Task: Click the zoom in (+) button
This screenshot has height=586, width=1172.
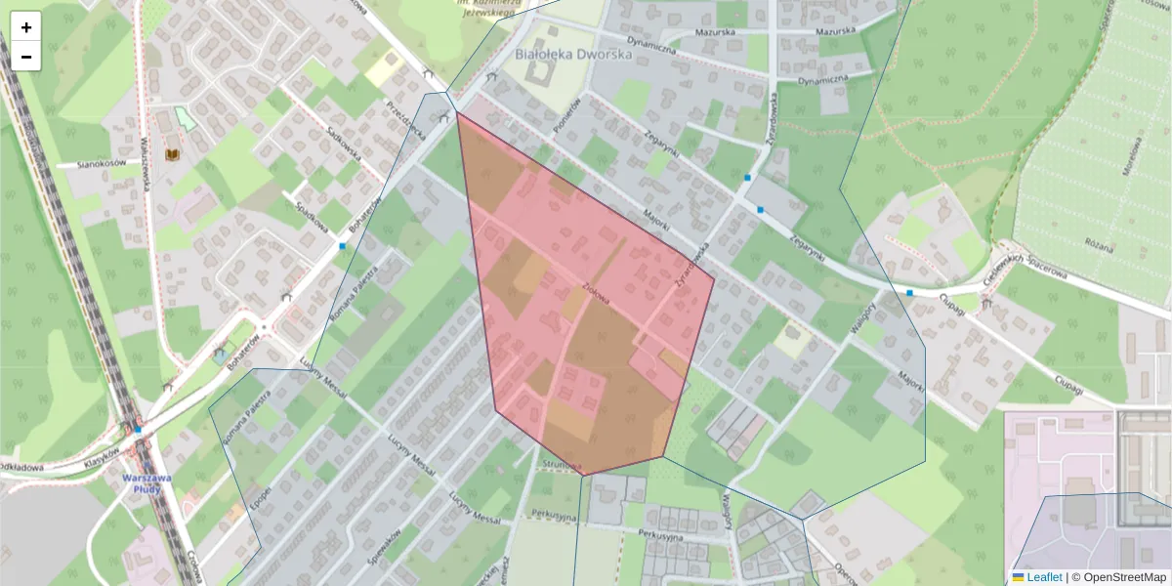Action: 26,27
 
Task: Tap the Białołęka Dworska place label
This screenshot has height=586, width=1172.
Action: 573,55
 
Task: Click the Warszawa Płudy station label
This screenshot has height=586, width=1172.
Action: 147,483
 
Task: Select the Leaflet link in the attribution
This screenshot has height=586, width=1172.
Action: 1044,577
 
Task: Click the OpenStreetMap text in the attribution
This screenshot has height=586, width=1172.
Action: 1124,577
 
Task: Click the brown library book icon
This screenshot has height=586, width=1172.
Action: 173,155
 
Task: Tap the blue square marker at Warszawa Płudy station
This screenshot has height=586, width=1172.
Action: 138,429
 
